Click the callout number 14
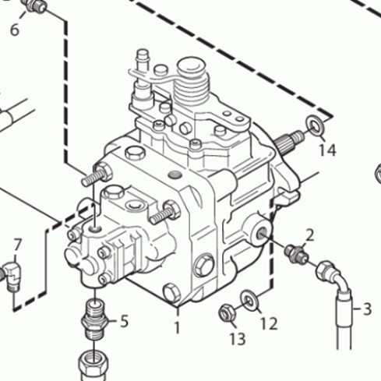coord(327,150)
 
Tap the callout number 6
coord(15,30)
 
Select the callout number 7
coord(17,245)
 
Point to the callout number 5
coord(125,321)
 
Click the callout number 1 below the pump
coord(178,328)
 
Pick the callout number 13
coord(238,339)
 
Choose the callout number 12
coord(269,323)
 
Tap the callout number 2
coord(310,235)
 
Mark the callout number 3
coord(367,309)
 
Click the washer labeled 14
coord(315,126)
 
